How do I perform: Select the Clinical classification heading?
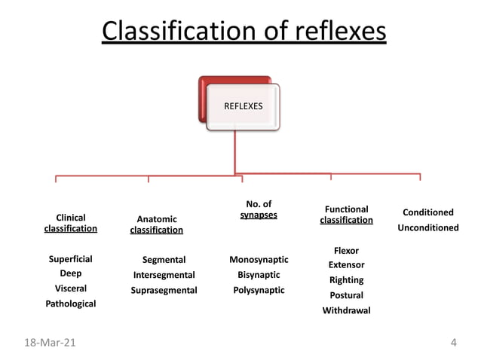coord(71,223)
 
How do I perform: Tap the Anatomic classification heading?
coord(157,224)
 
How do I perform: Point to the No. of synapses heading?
coord(259,209)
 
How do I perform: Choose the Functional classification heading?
coord(346,215)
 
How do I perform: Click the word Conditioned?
coord(428,212)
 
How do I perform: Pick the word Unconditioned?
coord(428,227)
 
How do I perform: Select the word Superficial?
coord(71,259)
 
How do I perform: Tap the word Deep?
coord(71,273)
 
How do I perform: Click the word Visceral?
coord(71,288)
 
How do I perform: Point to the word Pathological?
coord(71,304)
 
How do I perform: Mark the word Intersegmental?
coord(164,275)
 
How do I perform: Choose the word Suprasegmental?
coord(164,290)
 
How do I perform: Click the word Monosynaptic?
coord(259,260)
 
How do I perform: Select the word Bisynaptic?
coord(259,275)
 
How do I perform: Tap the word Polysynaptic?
coord(259,290)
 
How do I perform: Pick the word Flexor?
coord(346,250)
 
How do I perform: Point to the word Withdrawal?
coord(346,310)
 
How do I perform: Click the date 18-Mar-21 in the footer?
coord(50,343)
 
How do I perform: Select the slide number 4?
coord(453,343)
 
